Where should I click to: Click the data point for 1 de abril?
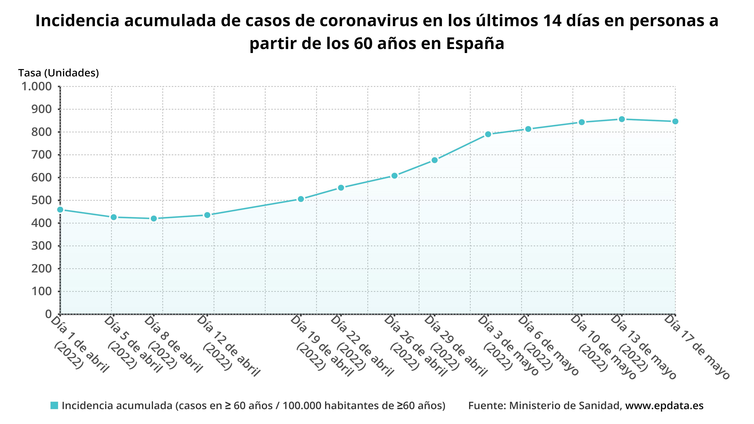[x=60, y=210]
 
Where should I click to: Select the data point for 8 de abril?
[x=154, y=219]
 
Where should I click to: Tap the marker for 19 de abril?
[x=301, y=199]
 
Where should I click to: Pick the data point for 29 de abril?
[x=435, y=160]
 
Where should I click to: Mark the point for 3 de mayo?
[x=488, y=134]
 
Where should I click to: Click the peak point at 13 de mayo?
[x=622, y=119]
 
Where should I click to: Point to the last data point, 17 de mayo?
[x=675, y=121]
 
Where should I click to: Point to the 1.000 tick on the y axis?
[x=37, y=87]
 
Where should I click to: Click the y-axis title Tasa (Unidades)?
[x=58, y=73]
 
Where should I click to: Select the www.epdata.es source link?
[x=664, y=406]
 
